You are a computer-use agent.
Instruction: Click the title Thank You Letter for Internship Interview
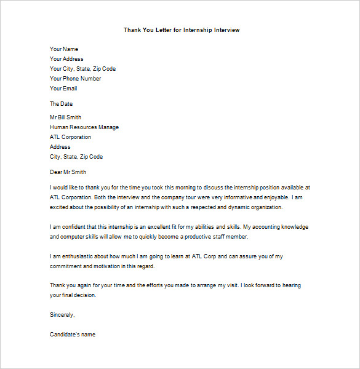click(x=182, y=30)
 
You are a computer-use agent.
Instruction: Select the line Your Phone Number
click(x=75, y=79)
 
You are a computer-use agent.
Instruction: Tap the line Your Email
click(x=63, y=89)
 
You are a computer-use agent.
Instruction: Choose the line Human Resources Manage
click(x=84, y=127)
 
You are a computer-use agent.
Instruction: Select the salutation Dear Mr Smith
click(x=68, y=172)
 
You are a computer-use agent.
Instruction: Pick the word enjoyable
click(x=271, y=197)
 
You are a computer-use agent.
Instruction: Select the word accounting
click(x=268, y=227)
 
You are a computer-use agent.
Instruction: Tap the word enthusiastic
click(x=72, y=256)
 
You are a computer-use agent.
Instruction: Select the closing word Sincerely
click(x=62, y=315)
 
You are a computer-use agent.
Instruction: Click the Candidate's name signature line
click(x=73, y=335)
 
